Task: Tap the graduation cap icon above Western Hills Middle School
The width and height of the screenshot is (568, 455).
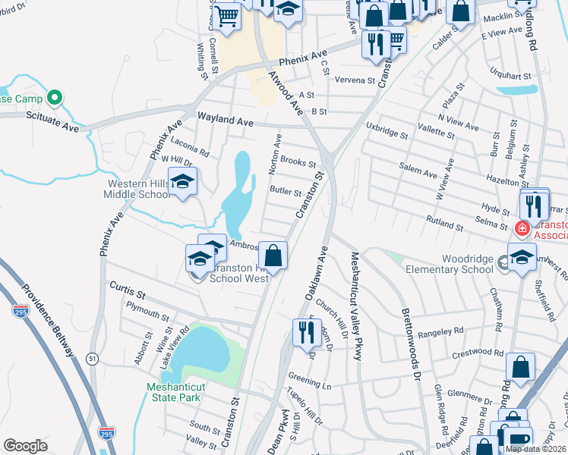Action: coord(182,182)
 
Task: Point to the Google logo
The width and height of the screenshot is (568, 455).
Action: coord(25,446)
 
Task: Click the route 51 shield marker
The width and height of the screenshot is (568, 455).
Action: coord(93,359)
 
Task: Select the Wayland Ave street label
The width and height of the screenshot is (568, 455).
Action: coord(226,120)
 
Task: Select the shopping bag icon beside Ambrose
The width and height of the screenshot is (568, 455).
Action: coord(273,255)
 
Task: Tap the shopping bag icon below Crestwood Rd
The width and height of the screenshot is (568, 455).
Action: coord(522,367)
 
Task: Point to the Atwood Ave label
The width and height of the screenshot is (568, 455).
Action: coord(285,93)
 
